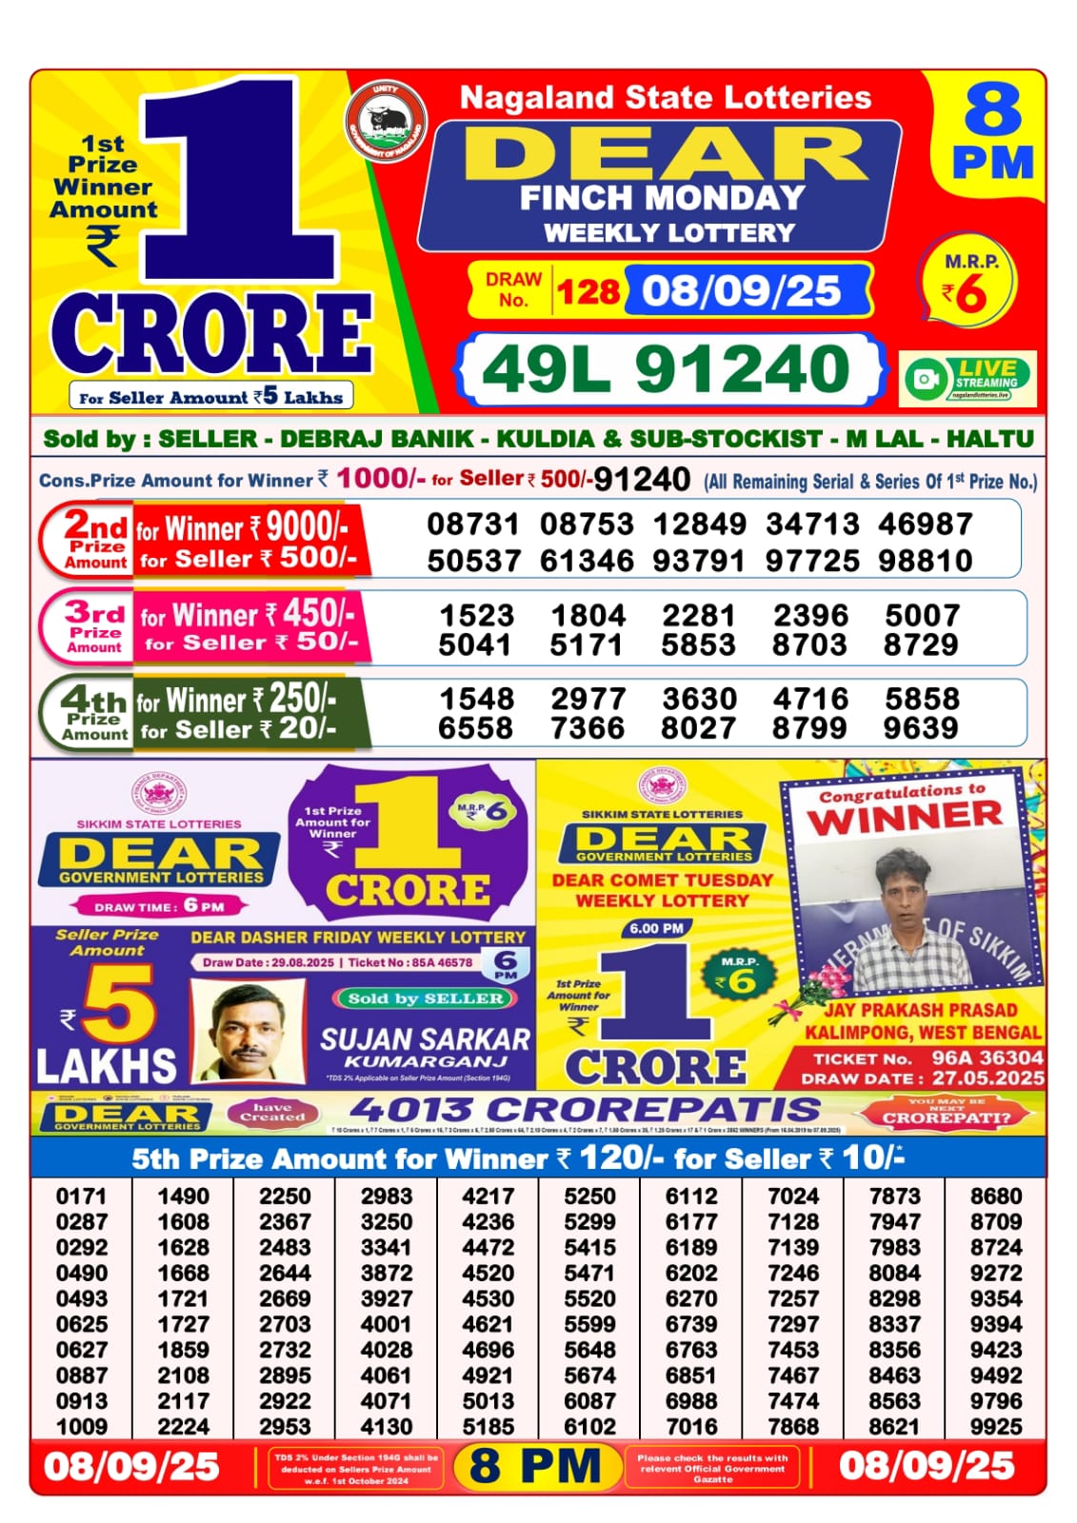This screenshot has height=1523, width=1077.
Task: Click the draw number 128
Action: click(x=588, y=290)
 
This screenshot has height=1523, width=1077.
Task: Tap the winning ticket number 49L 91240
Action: click(x=667, y=369)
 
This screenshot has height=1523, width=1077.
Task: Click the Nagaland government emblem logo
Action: click(x=386, y=123)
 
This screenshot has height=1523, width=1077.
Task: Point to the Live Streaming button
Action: click(x=968, y=378)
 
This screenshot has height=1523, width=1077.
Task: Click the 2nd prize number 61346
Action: click(x=587, y=561)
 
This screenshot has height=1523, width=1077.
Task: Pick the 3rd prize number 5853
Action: click(x=699, y=645)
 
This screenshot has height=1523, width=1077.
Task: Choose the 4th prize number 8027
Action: click(x=699, y=728)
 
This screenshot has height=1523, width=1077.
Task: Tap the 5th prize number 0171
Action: click(x=82, y=1196)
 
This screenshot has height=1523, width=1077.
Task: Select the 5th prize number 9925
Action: click(x=996, y=1426)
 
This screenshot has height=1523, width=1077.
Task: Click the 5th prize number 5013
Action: click(x=488, y=1400)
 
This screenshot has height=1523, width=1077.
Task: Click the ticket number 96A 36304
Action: click(x=987, y=1058)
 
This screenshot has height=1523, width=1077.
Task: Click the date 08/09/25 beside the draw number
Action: click(x=741, y=290)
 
